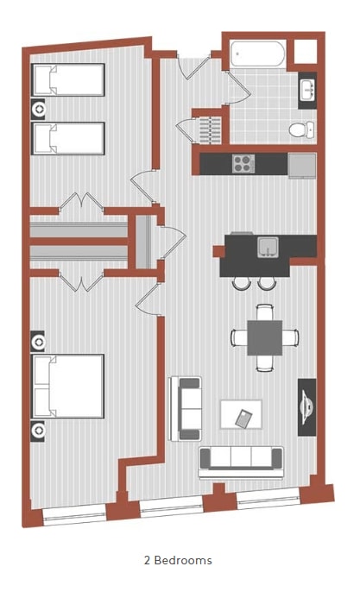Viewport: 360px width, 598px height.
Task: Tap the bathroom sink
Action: (307, 90)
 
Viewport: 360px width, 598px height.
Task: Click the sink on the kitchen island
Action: (268, 247)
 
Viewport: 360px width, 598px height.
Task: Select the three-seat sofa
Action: (241, 460)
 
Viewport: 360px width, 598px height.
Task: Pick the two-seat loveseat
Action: (186, 408)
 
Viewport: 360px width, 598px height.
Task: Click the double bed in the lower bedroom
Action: (67, 385)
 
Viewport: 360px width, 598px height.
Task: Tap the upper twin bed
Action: (68, 80)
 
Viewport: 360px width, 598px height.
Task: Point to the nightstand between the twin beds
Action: (38, 110)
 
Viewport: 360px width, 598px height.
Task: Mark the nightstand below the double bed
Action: (38, 428)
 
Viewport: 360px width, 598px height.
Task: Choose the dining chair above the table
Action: (264, 310)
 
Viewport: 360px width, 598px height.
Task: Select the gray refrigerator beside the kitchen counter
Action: (302, 163)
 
